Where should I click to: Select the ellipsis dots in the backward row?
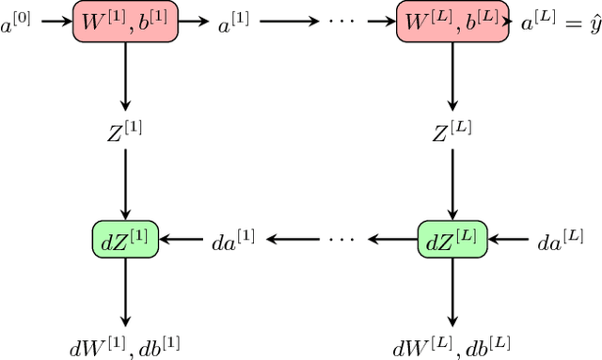(x=341, y=240)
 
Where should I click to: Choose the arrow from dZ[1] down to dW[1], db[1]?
(x=125, y=292)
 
